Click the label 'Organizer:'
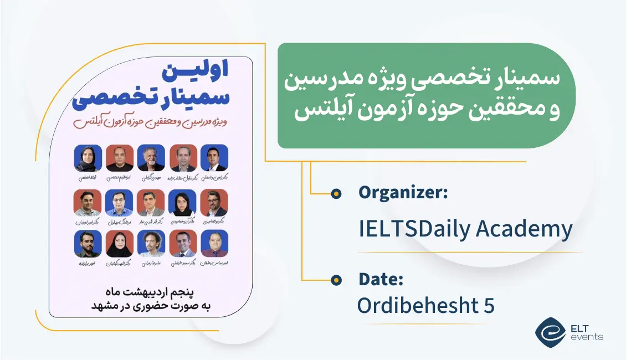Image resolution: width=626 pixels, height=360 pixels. (403, 193)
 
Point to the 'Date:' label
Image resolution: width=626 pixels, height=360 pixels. (381, 280)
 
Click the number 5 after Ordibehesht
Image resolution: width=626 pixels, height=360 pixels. (488, 305)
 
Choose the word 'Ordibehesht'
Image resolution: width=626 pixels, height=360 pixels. (418, 305)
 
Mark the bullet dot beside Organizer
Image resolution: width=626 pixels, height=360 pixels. (335, 193)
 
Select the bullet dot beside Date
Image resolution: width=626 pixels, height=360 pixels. (335, 280)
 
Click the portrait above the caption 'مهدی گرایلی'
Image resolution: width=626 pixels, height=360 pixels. (151, 158)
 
